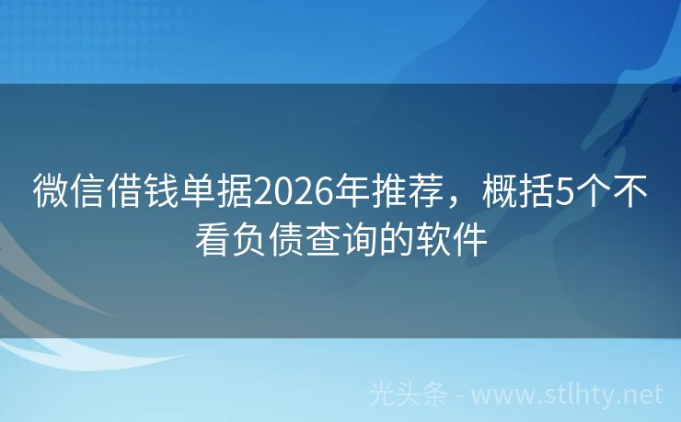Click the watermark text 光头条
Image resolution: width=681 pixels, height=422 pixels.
pyautogui.click(x=409, y=394)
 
